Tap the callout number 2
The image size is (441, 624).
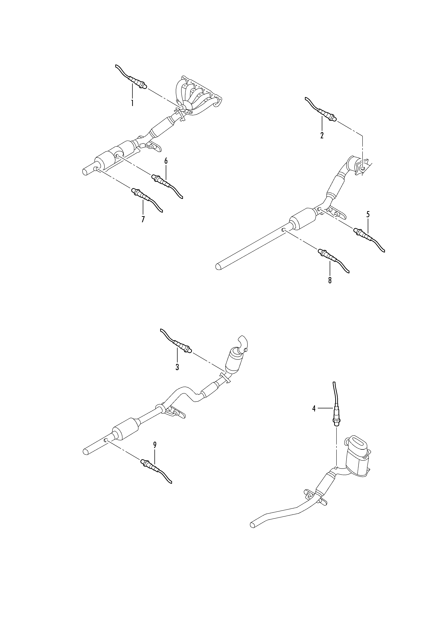click(x=322, y=135)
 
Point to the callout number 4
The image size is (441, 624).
click(x=314, y=416)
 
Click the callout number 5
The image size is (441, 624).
click(x=368, y=214)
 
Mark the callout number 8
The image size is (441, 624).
click(x=330, y=280)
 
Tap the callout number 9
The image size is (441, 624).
click(x=155, y=445)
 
